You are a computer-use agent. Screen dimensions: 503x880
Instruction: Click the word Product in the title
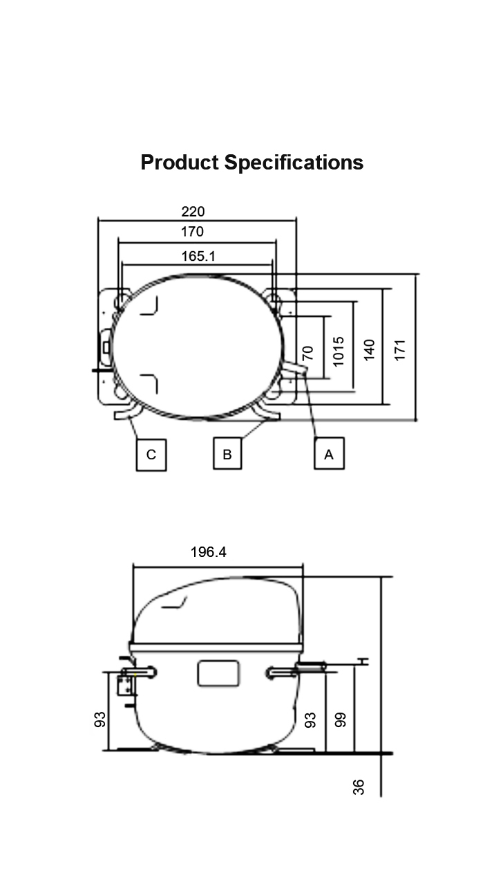(x=180, y=163)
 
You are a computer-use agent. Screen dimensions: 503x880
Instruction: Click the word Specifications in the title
(x=294, y=163)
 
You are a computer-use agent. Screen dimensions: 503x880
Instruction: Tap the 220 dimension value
(x=193, y=212)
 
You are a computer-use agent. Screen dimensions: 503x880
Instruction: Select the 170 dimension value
(x=192, y=232)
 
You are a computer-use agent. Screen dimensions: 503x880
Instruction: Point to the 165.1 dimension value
(x=198, y=256)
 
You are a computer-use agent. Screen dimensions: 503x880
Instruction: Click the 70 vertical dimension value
(x=308, y=353)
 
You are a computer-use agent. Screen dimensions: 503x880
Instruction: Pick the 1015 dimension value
(x=338, y=351)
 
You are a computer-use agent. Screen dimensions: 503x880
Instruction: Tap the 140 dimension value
(x=369, y=350)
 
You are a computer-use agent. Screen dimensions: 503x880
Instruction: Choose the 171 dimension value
(x=399, y=350)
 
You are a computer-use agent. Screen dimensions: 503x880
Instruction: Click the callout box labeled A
(x=329, y=453)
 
